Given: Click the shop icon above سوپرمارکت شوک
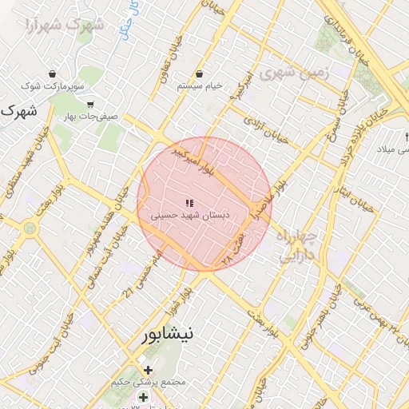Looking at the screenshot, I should pyautogui.click(x=52, y=73).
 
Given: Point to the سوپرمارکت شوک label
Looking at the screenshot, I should pyautogui.click(x=52, y=85).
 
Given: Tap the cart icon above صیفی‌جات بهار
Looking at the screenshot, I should pyautogui.click(x=90, y=104).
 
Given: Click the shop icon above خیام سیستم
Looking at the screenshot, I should pyautogui.click(x=199, y=73).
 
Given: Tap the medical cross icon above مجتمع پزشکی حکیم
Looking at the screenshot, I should pyautogui.click(x=148, y=370).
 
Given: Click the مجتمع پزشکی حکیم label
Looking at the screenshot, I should pyautogui.click(x=149, y=382).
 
